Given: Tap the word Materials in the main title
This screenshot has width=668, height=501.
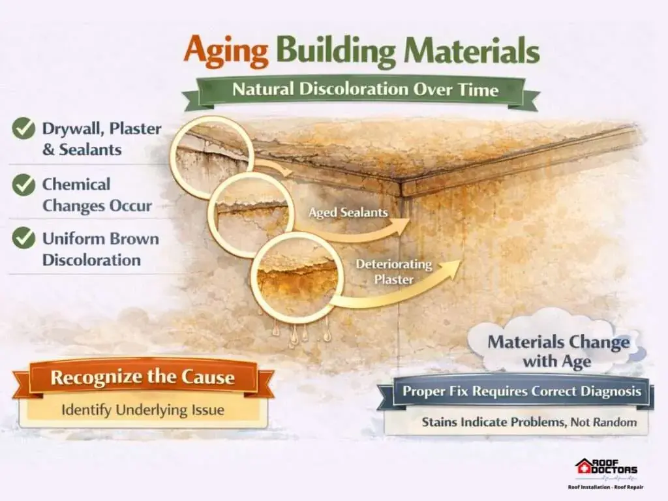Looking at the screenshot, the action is (x=472, y=50).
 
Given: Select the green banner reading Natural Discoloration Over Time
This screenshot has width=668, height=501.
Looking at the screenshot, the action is (x=362, y=91).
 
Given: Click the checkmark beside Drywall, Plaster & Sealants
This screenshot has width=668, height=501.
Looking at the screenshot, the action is (x=23, y=129).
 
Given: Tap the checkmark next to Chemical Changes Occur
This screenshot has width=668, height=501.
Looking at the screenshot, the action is (x=23, y=185).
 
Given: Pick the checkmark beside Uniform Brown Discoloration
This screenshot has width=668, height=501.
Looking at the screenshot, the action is (x=23, y=237).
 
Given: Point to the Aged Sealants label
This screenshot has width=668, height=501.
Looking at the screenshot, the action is (x=348, y=212).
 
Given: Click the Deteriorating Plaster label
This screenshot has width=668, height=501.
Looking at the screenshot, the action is (x=393, y=271).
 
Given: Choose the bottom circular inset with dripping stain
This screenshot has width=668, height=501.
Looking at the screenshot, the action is (x=297, y=277).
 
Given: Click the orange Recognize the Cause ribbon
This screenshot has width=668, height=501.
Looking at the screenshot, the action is (x=143, y=378).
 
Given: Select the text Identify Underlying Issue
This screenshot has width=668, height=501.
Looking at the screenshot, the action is (x=143, y=410).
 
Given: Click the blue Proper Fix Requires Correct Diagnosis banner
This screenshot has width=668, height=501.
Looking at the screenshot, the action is (x=521, y=391).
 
